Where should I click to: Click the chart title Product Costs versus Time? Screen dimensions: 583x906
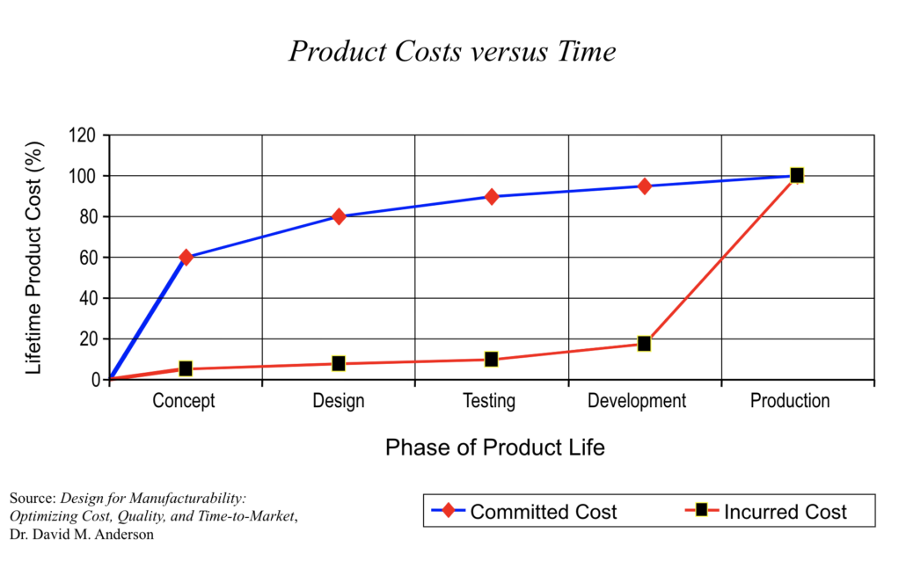(452, 52)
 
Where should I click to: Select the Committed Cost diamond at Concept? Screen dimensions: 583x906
(186, 258)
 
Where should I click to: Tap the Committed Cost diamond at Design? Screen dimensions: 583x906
(339, 216)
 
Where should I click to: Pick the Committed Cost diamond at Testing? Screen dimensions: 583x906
(492, 196)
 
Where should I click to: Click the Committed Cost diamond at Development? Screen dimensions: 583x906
(645, 186)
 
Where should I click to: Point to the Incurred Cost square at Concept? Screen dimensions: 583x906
(186, 368)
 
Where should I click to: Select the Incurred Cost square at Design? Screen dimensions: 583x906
(339, 363)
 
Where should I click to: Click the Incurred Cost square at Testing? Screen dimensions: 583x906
(492, 359)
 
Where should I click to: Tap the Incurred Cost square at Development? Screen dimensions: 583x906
(645, 343)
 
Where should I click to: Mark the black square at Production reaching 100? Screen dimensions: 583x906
(797, 176)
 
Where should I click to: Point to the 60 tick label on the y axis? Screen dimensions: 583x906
(86, 258)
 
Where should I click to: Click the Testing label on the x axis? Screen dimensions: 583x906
(489, 402)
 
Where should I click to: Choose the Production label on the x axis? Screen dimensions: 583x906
(789, 401)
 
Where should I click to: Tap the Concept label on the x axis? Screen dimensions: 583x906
(184, 402)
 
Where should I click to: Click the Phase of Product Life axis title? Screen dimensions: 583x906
(494, 448)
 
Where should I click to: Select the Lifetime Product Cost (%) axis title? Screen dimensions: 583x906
(34, 257)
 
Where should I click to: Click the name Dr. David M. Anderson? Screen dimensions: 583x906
(82, 535)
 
